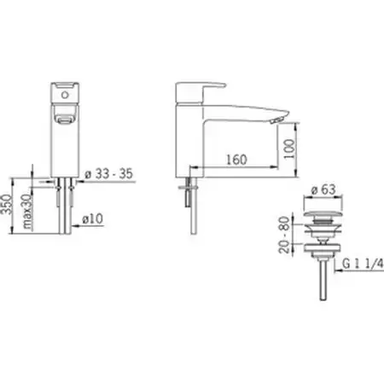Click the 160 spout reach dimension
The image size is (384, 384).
tap(236, 160)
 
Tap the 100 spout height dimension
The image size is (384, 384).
tap(289, 149)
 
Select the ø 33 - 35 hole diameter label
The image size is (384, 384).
tap(109, 173)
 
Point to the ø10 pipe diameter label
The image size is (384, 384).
tap(92, 218)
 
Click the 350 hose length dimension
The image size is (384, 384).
tap(6, 204)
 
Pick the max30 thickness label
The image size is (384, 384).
tap(27, 212)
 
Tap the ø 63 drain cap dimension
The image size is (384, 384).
tap(323, 189)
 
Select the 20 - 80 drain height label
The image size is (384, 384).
tap(284, 235)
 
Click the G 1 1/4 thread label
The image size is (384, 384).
tap(363, 264)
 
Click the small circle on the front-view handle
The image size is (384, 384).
tap(65, 95)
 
